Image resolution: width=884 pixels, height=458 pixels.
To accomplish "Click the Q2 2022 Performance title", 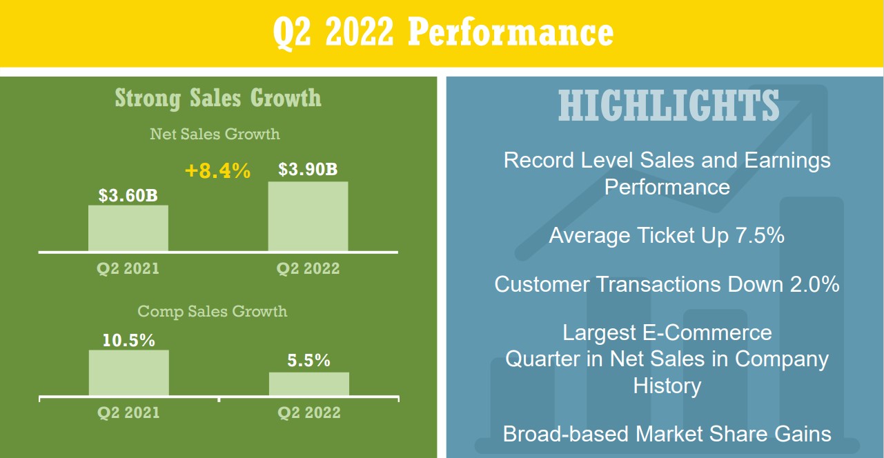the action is pos(443,33).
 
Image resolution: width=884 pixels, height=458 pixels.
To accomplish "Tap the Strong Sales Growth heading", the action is pos(218,98).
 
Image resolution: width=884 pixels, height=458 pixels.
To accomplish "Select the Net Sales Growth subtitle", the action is pos(215,134).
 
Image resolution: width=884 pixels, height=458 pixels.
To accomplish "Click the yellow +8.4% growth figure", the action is pos(217,171).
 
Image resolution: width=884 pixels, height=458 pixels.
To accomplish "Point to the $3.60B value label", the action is pos(128,195).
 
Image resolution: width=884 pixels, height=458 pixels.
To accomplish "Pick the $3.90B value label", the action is pos(308,169).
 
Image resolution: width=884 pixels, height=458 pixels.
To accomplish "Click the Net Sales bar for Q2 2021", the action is pos(128,228).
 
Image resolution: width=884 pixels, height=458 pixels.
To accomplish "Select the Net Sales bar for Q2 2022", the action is pos(308,216).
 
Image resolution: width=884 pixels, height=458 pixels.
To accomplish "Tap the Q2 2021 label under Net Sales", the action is pos(128,268).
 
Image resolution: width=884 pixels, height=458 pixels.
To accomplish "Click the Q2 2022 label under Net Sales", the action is pos(308,268).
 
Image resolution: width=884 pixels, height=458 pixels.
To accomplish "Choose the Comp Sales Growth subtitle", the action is pos(213,311).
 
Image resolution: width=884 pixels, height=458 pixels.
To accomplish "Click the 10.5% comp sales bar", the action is pos(128,372).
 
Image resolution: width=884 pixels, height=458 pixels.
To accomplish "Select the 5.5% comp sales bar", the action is pos(309,384).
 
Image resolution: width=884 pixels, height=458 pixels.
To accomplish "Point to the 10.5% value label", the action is pos(128,341).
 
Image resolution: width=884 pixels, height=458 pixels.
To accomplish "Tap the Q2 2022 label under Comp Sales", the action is pos(309,413).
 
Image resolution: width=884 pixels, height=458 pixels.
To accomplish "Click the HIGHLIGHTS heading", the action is pos(669,106).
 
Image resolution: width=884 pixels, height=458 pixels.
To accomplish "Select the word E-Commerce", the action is pos(707,333).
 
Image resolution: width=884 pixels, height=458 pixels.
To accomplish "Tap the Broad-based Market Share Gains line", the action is pos(667,435).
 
